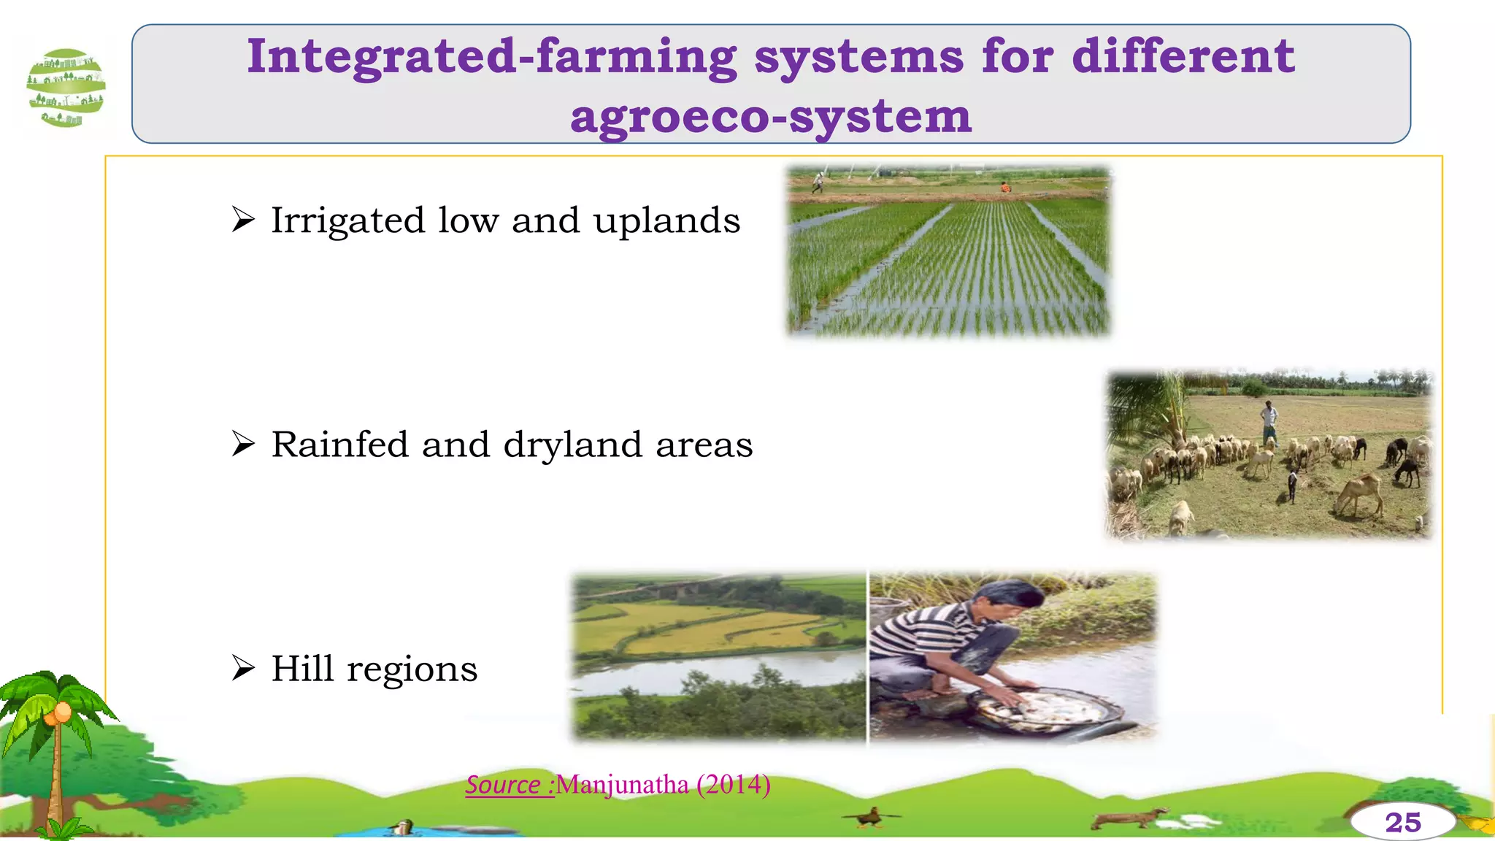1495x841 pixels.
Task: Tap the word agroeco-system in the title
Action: coord(771,117)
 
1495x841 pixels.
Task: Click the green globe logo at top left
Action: coord(66,88)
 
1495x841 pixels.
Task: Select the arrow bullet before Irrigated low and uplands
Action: coord(243,219)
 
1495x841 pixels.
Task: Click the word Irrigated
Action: coord(347,220)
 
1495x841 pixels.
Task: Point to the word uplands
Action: coord(666,220)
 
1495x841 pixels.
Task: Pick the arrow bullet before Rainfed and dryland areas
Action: coord(243,443)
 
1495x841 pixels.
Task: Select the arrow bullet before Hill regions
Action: coord(243,667)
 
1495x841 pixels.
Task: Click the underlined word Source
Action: coord(503,785)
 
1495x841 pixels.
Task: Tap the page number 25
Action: coord(1402,823)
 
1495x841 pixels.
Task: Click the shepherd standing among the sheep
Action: coord(1270,422)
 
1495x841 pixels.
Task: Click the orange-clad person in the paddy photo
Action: coord(1005,188)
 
